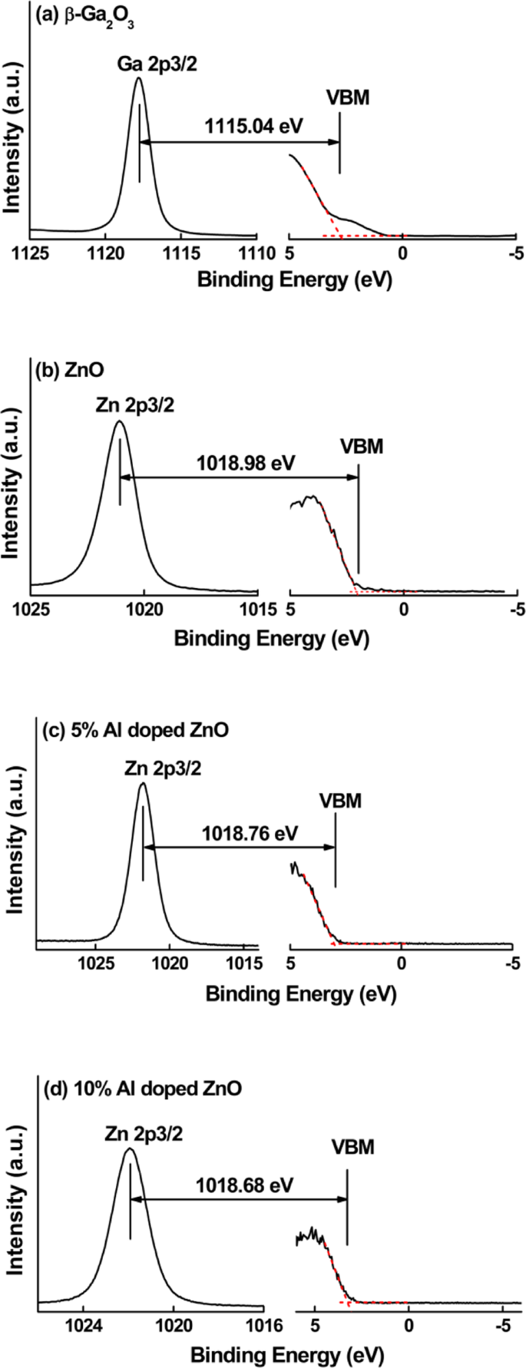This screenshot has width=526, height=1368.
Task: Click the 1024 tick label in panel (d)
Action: click(x=83, y=1322)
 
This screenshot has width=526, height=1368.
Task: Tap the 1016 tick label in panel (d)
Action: click(x=263, y=1322)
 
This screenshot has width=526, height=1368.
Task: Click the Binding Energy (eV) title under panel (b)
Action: click(x=272, y=638)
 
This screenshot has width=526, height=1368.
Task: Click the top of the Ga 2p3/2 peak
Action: click(x=138, y=78)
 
